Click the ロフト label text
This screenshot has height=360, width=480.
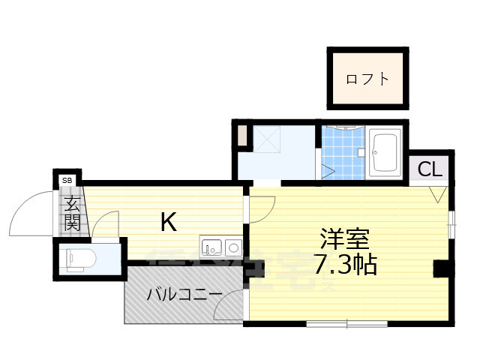[x=367, y=79]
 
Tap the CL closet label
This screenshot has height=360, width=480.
[x=430, y=169]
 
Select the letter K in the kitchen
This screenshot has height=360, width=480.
[x=169, y=221]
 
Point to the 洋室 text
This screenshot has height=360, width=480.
[x=344, y=239]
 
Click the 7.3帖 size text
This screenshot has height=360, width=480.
[x=345, y=264]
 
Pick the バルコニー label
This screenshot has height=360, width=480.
[x=184, y=295]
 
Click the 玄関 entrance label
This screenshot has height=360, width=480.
[x=72, y=211]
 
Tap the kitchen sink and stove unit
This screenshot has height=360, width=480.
[x=221, y=246]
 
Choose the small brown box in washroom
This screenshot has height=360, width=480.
[x=242, y=137]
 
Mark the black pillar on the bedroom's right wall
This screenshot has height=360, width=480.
[x=442, y=268]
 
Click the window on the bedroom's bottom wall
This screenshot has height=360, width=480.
[x=346, y=324]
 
